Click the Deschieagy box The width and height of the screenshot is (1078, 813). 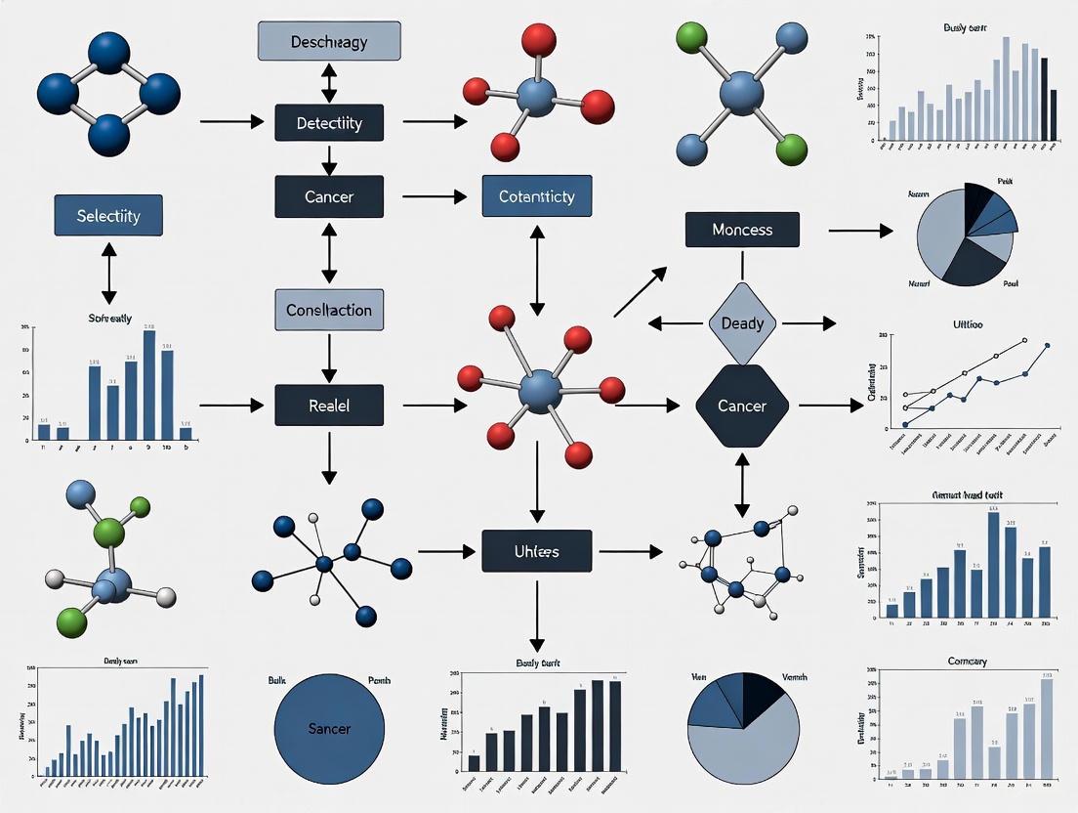(329, 42)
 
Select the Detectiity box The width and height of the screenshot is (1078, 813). (329, 123)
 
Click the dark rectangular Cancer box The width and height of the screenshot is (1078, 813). (329, 196)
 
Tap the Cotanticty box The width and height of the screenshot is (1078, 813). (536, 196)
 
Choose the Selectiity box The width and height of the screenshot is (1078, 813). (108, 215)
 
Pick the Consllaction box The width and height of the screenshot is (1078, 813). (329, 310)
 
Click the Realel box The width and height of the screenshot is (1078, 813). (329, 405)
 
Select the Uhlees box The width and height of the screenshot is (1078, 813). (536, 551)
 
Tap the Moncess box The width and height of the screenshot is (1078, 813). (742, 230)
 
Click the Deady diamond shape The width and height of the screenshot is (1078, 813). (742, 323)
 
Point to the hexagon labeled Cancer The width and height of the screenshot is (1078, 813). (742, 405)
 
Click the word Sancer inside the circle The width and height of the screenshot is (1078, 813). (329, 728)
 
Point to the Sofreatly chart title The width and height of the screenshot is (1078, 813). (108, 319)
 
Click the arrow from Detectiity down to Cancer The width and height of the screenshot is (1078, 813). (329, 159)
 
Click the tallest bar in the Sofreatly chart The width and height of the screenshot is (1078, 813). (149, 385)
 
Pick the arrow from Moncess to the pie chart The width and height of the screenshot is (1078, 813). (860, 231)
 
